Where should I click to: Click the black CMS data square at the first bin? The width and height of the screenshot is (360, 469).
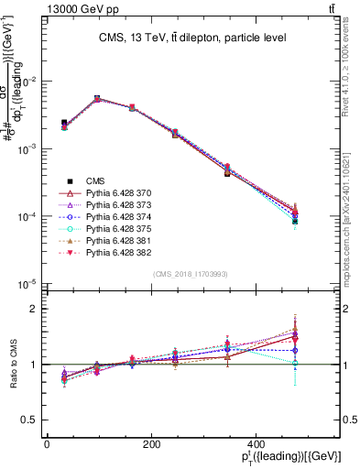[63, 122]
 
